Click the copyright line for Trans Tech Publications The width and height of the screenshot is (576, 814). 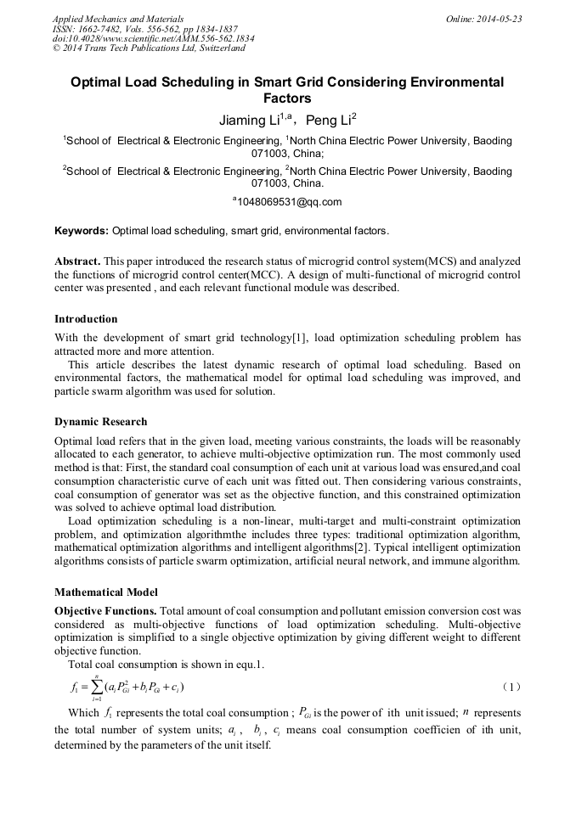tap(149, 48)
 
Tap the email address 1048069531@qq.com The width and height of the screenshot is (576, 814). tap(288, 202)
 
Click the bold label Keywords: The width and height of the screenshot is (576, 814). tap(82, 231)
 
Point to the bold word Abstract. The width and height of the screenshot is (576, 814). tap(78, 261)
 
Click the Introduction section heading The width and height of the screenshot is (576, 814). tap(86, 319)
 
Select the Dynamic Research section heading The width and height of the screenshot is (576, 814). tap(100, 422)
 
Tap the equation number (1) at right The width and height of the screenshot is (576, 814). tap(510, 687)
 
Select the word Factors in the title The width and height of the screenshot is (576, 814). tap(287, 98)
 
